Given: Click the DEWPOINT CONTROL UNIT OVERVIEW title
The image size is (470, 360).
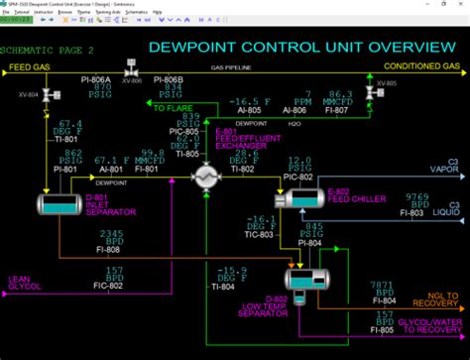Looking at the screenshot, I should pyautogui.click(x=295, y=47).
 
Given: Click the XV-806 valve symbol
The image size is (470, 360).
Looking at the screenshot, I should pyautogui.click(x=130, y=66).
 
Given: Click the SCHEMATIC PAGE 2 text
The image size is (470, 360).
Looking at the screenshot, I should pyautogui.click(x=48, y=49).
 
